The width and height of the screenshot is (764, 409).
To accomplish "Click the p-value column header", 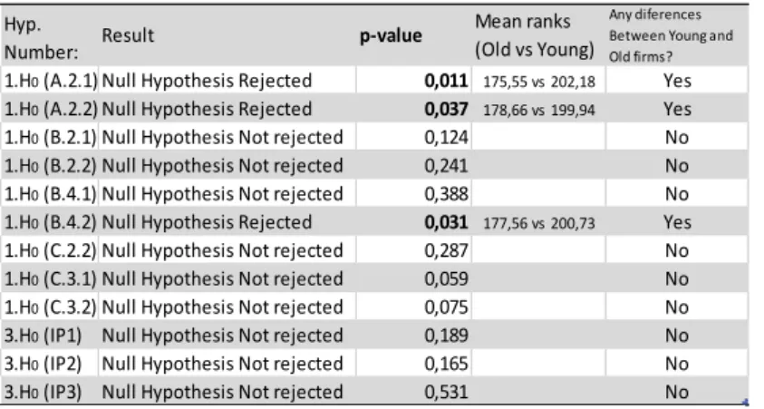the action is pyautogui.click(x=391, y=36).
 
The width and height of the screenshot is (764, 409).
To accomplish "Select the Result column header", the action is pyautogui.click(x=128, y=35).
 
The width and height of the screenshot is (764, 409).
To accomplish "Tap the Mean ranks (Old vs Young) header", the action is pyautogui.click(x=535, y=35).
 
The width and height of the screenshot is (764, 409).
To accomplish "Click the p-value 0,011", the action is pyautogui.click(x=446, y=81).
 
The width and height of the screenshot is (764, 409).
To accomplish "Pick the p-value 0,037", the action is pyautogui.click(x=446, y=109).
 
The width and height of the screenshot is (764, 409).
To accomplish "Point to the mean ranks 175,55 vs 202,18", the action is pyautogui.click(x=539, y=82).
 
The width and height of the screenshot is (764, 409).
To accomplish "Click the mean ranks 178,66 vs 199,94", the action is pyautogui.click(x=539, y=110).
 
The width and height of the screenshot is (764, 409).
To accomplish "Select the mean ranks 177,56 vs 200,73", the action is pyautogui.click(x=539, y=223).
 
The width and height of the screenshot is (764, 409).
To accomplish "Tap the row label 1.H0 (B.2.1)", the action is pyautogui.click(x=51, y=138).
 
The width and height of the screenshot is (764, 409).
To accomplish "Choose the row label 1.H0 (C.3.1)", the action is pyautogui.click(x=51, y=278).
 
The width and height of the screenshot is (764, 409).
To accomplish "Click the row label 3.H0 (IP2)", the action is pyautogui.click(x=43, y=364).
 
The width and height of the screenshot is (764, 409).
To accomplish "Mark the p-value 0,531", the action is pyautogui.click(x=446, y=392).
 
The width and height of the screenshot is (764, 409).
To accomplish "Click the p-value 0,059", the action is pyautogui.click(x=446, y=278).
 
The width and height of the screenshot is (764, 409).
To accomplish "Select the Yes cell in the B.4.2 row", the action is pyautogui.click(x=677, y=222).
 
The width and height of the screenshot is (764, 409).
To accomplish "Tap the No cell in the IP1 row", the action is pyautogui.click(x=677, y=336).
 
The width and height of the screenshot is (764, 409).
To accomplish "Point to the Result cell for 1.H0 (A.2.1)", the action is pyautogui.click(x=207, y=81).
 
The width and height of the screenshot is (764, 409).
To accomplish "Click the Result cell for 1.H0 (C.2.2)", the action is pyautogui.click(x=222, y=250).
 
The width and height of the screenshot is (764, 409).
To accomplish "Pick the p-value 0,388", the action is pyautogui.click(x=446, y=194).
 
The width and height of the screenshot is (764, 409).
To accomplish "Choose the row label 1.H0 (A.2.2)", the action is pyautogui.click(x=51, y=109).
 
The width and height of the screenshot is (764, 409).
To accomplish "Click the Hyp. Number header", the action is pyautogui.click(x=42, y=38).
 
